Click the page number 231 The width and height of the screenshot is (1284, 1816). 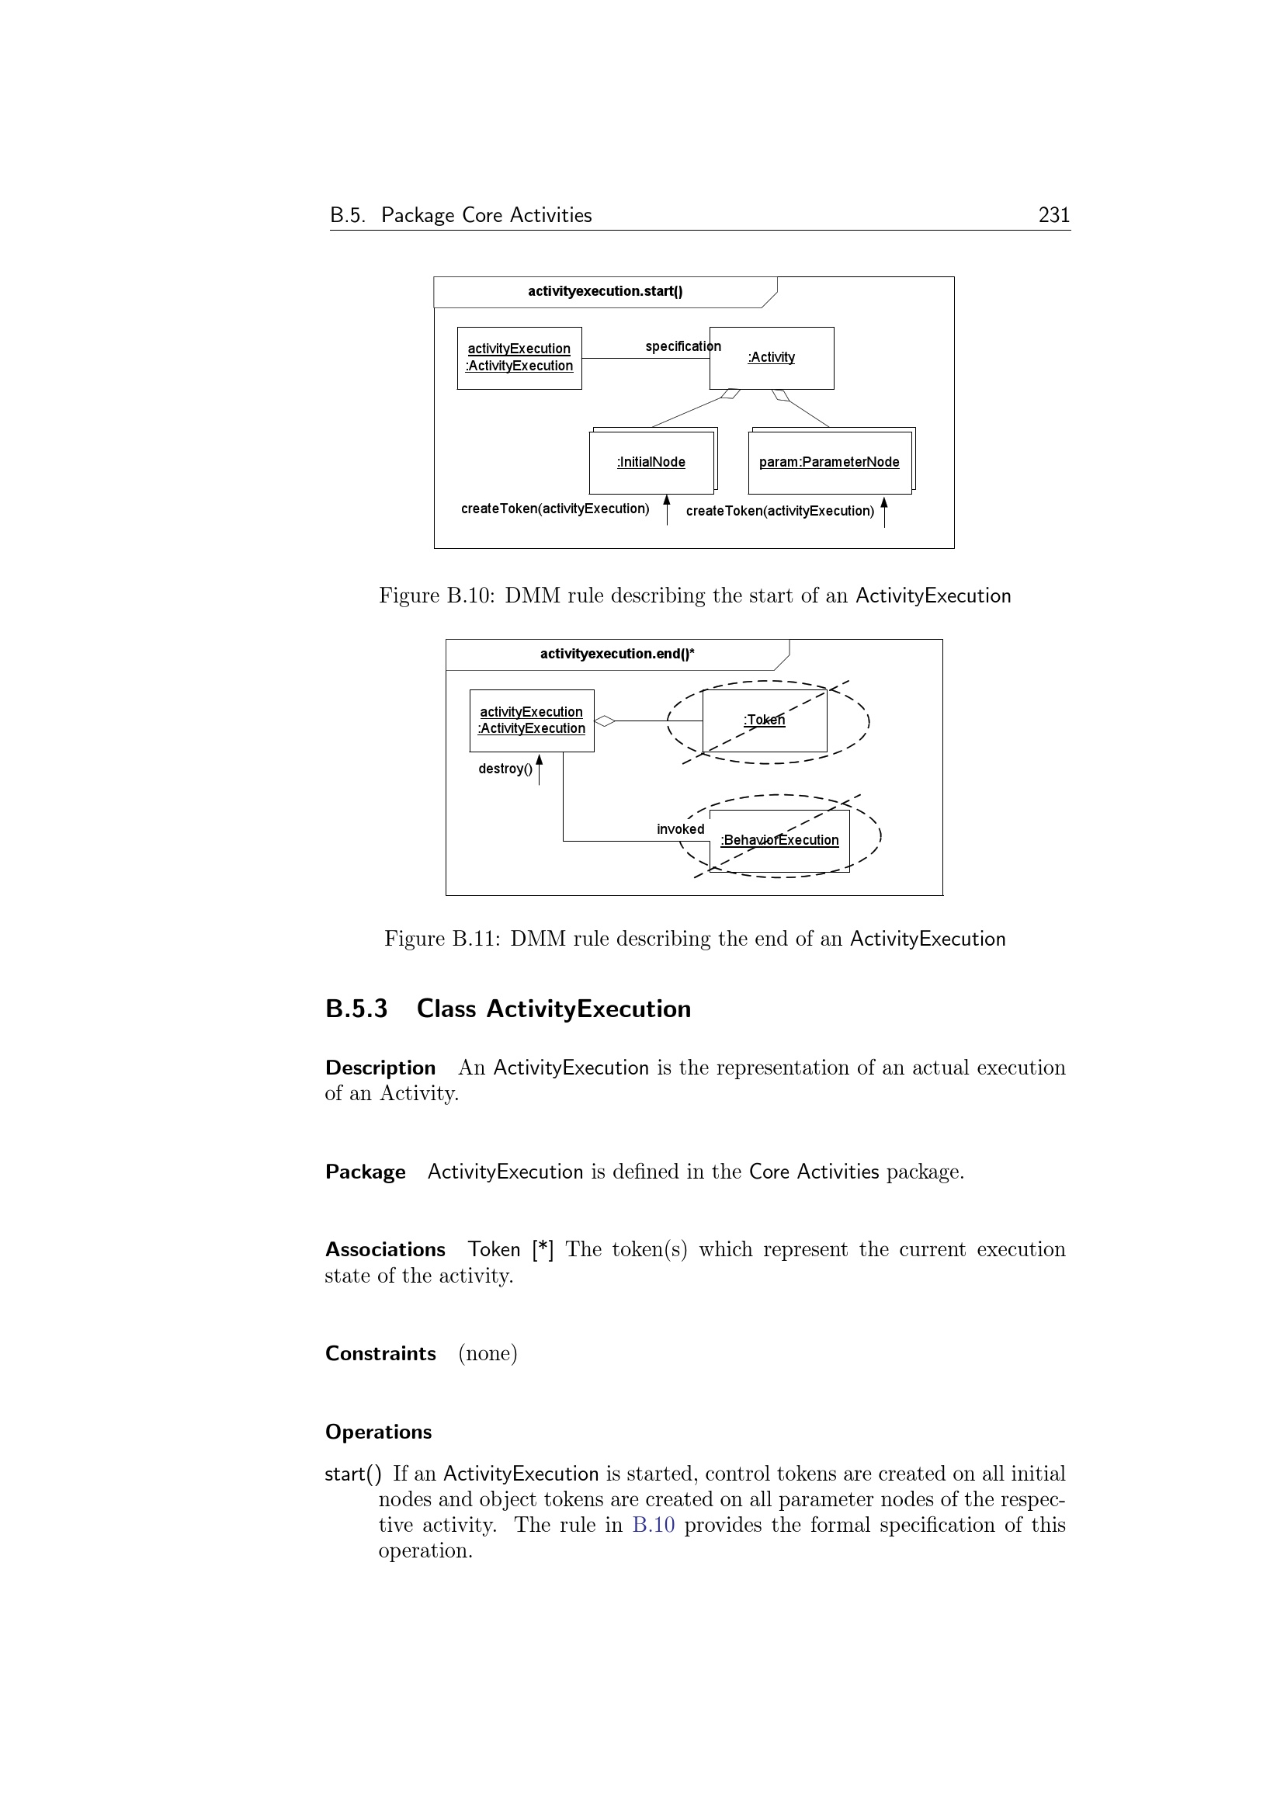(x=1053, y=215)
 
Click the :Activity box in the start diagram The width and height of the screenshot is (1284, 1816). (x=771, y=357)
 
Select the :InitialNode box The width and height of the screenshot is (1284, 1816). (x=651, y=462)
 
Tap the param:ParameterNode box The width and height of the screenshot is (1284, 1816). (x=829, y=462)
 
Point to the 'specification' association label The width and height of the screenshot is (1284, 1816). (x=682, y=346)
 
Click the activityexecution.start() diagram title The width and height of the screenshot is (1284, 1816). (x=605, y=291)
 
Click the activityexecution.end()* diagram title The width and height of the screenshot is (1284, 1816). (x=616, y=653)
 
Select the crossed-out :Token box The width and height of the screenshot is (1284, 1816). (x=765, y=720)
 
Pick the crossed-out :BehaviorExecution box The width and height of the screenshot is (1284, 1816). (x=779, y=840)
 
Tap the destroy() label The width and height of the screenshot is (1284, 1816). (x=505, y=769)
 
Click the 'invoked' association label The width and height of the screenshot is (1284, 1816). (x=680, y=829)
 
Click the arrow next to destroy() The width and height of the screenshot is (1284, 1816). (x=540, y=769)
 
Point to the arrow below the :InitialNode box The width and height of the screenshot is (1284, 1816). (x=667, y=509)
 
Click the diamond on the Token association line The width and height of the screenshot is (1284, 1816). (x=605, y=720)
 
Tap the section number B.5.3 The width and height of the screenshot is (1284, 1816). (x=356, y=1009)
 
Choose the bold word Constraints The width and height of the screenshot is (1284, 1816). (x=380, y=1353)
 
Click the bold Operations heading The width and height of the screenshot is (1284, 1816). (x=378, y=1432)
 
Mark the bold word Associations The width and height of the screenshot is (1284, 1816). (x=385, y=1250)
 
